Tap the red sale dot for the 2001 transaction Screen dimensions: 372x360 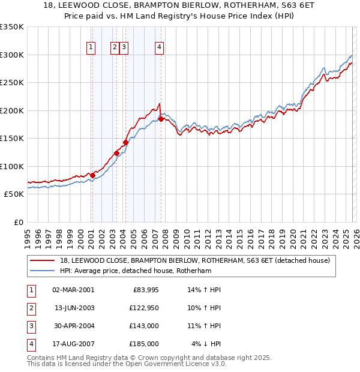point(92,175)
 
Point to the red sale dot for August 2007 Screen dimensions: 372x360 point(161,119)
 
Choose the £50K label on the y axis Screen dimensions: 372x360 point(14,194)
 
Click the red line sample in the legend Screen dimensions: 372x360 point(43,261)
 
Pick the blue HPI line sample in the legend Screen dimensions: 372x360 point(43,271)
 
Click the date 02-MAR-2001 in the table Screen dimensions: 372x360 point(73,290)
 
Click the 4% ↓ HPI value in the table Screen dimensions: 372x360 point(206,344)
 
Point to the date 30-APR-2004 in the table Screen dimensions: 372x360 point(73,326)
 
